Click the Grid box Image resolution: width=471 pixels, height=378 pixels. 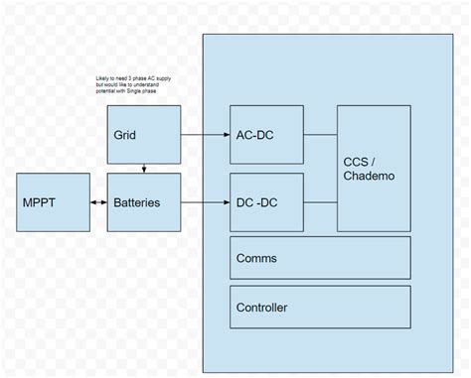click(x=144, y=134)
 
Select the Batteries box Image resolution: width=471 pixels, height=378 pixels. click(x=144, y=202)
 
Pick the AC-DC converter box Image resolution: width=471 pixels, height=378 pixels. click(x=266, y=134)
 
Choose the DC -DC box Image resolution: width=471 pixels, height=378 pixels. click(x=266, y=202)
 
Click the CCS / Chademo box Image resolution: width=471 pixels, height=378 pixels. click(x=374, y=168)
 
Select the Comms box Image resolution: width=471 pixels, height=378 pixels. click(x=320, y=258)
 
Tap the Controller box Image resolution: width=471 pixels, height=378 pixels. click(x=320, y=308)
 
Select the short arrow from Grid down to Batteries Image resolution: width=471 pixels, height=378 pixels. click(x=145, y=168)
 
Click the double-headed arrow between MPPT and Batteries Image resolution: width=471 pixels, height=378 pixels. click(x=96, y=202)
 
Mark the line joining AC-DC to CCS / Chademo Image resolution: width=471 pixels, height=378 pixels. click(x=320, y=134)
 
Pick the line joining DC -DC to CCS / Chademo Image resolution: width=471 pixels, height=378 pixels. click(x=320, y=202)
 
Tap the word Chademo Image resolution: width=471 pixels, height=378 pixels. click(x=371, y=177)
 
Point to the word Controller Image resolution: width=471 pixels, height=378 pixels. click(x=262, y=308)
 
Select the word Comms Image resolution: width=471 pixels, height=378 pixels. click(x=256, y=258)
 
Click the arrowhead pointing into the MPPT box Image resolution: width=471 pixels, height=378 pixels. click(x=90, y=202)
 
